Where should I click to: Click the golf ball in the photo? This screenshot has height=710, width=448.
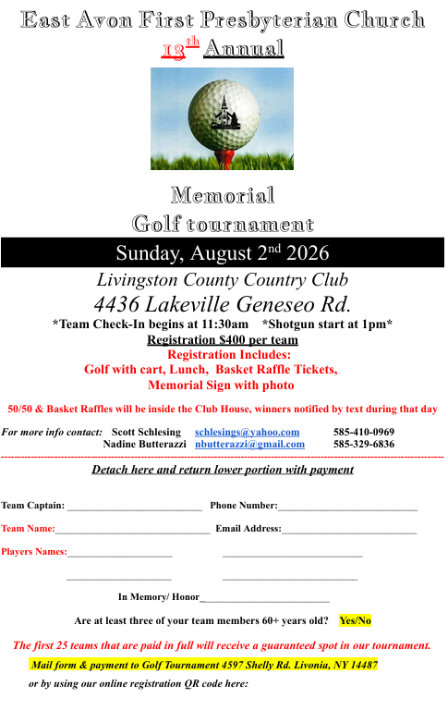point(223,109)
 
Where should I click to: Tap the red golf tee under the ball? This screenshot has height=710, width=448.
point(223,156)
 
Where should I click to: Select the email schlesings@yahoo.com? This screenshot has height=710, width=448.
point(247,433)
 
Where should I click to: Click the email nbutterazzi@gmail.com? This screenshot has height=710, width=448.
point(249,445)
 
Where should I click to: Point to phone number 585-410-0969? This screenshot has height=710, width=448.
point(364,433)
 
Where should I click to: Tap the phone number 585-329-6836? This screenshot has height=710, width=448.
point(364,445)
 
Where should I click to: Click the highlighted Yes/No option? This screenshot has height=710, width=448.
point(355,620)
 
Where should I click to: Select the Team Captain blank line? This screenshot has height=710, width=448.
point(135,507)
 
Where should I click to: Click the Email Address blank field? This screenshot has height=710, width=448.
point(350,530)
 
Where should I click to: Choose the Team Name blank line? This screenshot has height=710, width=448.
point(132,530)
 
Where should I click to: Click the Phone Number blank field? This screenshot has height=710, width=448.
point(348,507)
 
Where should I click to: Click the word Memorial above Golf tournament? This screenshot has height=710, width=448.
point(223,196)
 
